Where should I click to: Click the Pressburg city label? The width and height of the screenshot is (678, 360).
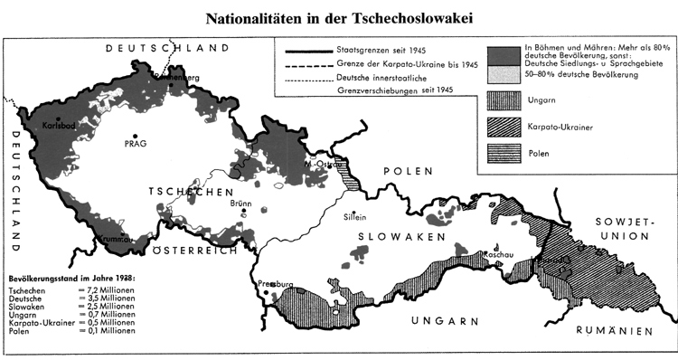click(x=277, y=286)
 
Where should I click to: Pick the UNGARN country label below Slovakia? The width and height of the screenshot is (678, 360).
click(x=439, y=322)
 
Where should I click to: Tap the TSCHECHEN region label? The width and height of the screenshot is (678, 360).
click(x=187, y=194)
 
